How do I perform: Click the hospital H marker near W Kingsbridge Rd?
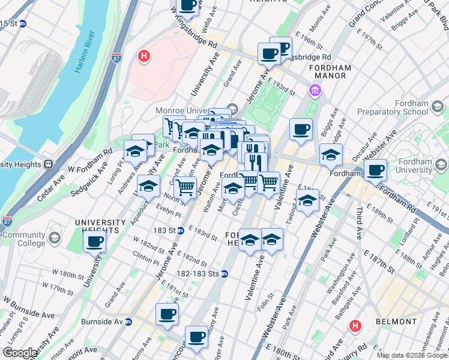click(143, 57)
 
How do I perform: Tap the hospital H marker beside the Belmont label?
click(355, 326)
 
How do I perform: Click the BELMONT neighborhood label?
click(396, 322)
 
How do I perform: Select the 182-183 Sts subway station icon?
click(224, 274)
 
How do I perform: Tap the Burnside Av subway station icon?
click(128, 322)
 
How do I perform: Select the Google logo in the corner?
click(20, 353)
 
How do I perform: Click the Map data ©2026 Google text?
click(412, 355)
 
